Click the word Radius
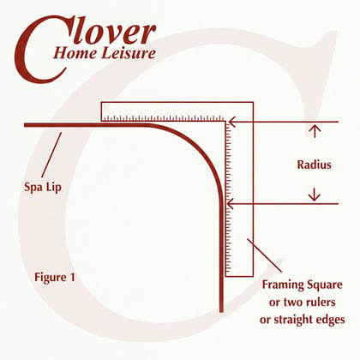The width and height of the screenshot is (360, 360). (x=314, y=165)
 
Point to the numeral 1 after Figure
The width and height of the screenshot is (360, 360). (x=72, y=277)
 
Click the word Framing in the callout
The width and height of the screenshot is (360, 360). (x=283, y=285)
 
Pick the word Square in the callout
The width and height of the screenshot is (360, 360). (x=325, y=285)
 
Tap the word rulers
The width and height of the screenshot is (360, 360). (x=321, y=303)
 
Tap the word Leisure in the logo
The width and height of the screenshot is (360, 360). (x=129, y=53)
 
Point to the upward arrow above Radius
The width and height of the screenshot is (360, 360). (x=315, y=131)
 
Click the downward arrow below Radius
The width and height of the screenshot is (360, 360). (x=315, y=195)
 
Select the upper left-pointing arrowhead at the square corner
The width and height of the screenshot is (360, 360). (x=231, y=122)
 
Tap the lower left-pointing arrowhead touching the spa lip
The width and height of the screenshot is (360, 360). (x=230, y=204)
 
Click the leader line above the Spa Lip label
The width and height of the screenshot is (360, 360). (x=51, y=155)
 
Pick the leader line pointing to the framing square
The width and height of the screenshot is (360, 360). (x=265, y=255)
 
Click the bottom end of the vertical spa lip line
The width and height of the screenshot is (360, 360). (x=221, y=312)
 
